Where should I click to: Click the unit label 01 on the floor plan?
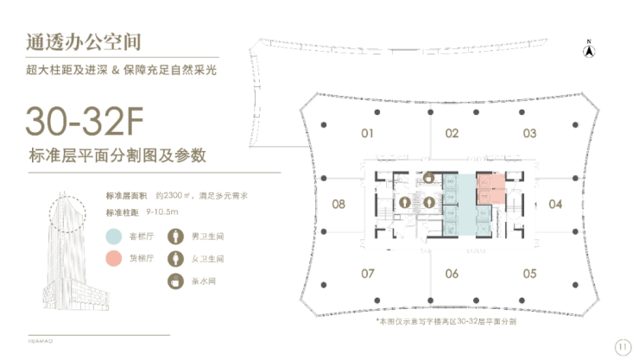coord(367,134)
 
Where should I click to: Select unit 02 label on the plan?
coord(452,134)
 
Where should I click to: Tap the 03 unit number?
coord(529,134)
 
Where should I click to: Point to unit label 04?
coord(555,205)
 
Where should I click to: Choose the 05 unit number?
coord(529,274)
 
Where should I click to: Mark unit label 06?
coord(452,274)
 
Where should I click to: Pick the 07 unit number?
coord(367,274)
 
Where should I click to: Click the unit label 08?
coord(338,205)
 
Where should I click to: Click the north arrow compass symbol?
coord(587,49)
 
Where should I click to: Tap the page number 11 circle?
coord(621,346)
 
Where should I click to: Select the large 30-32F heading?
coord(84,122)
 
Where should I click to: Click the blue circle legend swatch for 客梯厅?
coord(113,236)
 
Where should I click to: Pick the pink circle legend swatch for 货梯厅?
coord(113,258)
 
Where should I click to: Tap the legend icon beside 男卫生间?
coord(175,236)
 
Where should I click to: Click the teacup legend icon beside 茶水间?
coord(175,281)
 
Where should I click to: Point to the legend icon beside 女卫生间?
coord(175,258)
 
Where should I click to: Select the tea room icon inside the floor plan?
coord(429,177)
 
